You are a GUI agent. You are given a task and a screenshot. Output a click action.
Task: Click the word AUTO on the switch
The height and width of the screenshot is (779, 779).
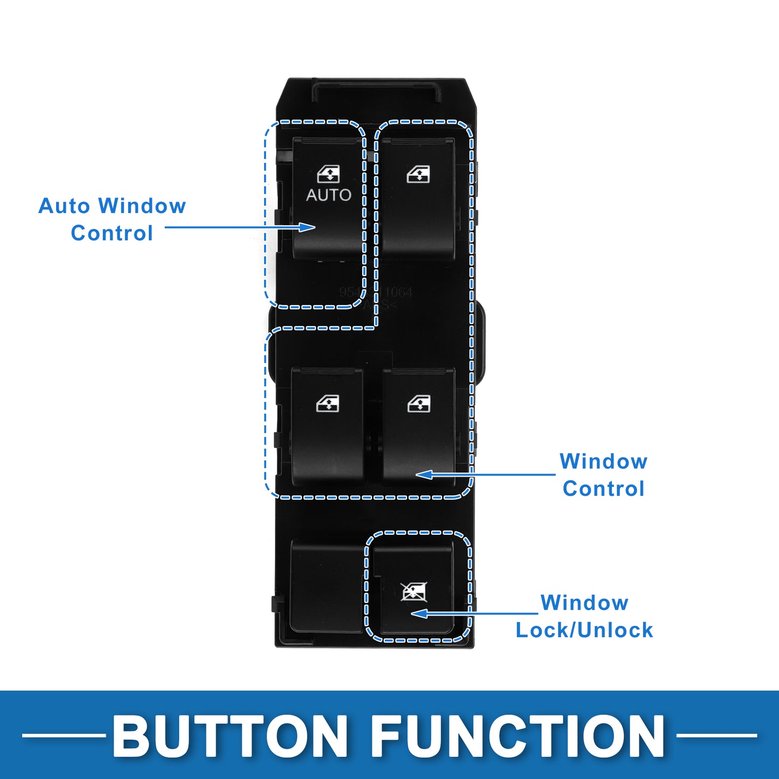[328, 195]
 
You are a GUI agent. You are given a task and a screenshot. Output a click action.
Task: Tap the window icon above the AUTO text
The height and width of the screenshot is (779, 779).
[328, 174]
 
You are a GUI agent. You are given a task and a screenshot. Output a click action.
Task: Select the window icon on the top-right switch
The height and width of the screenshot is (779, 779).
[418, 174]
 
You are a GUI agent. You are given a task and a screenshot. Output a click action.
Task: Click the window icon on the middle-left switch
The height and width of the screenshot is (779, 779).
[328, 403]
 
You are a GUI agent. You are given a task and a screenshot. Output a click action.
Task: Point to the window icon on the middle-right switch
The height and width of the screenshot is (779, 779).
[419, 403]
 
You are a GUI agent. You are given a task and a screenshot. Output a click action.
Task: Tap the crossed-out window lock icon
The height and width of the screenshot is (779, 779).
[414, 591]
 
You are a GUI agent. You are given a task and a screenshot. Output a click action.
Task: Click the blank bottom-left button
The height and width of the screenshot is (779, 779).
[326, 585]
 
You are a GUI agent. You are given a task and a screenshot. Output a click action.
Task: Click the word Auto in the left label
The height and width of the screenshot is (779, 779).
[64, 206]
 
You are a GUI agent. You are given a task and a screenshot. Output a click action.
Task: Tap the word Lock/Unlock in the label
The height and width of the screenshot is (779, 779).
[584, 630]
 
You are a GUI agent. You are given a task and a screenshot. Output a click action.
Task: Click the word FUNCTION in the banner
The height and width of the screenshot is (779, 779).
[518, 736]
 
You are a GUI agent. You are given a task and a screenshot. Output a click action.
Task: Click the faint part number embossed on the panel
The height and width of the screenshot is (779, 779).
[376, 292]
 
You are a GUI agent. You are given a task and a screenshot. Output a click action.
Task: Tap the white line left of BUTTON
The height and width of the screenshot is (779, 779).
[64, 735]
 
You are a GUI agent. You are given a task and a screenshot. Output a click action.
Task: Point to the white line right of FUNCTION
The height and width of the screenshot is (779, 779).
[716, 735]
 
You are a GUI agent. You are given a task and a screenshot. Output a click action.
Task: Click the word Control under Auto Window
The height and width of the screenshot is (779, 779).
[112, 233]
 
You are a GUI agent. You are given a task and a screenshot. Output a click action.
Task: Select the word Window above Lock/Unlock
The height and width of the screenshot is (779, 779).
[584, 602]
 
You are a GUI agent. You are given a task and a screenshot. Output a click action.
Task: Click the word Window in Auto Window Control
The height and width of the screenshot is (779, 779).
[142, 206]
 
